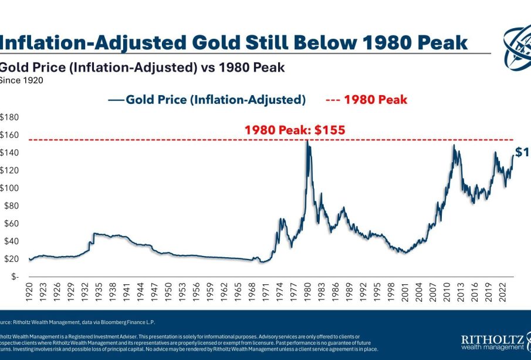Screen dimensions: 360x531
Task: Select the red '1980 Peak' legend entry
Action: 366,100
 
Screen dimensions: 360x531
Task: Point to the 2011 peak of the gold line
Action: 454,146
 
